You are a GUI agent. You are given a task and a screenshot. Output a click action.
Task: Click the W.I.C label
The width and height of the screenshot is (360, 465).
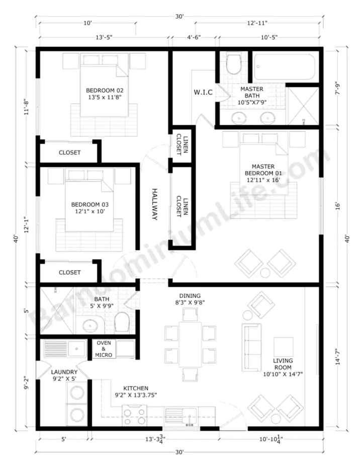[x=203, y=92]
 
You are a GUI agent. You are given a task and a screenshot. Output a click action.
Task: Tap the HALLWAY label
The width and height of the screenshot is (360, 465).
[x=154, y=204]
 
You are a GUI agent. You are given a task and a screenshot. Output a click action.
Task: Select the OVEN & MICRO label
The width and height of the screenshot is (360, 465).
[x=104, y=349]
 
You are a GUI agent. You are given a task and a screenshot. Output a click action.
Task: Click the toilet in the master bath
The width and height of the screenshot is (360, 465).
[x=233, y=64]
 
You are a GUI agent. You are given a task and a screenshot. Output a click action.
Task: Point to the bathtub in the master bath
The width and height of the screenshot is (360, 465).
[x=285, y=67]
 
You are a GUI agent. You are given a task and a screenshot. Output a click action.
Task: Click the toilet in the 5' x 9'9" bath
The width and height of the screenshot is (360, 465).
[x=122, y=322]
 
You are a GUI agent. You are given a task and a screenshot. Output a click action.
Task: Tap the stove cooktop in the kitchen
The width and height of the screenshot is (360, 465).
[x=135, y=416]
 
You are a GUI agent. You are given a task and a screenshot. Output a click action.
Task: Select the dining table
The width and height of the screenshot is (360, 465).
[x=190, y=344]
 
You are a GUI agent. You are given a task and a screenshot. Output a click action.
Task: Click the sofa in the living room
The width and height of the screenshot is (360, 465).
[x=251, y=347]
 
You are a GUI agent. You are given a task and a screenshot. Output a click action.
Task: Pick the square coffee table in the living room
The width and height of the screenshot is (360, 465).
[x=283, y=347]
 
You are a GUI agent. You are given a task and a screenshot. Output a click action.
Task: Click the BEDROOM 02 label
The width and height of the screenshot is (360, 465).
[x=105, y=91]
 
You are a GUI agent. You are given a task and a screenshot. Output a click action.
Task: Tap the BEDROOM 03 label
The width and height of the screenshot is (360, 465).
[x=90, y=205]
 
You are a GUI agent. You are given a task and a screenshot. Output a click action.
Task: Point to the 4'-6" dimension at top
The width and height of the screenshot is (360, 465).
[x=194, y=37]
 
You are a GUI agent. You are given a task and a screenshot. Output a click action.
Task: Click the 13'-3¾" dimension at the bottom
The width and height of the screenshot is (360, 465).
[x=155, y=439]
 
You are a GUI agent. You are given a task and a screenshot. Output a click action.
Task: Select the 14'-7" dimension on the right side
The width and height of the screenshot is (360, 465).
[x=338, y=356]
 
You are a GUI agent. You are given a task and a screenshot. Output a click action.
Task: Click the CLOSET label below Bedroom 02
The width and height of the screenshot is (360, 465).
[x=69, y=152]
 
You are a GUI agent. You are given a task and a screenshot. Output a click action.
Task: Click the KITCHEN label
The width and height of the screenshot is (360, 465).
[x=136, y=388]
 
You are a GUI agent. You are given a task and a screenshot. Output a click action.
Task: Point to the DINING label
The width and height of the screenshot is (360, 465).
[x=190, y=296]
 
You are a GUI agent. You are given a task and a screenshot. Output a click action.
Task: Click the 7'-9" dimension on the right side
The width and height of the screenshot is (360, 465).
[x=338, y=89]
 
